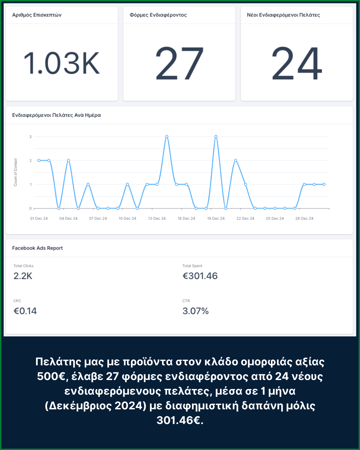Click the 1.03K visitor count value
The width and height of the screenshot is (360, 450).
pos(62,63)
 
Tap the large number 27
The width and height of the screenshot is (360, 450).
pos(179,63)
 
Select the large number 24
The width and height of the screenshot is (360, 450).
pos(297,63)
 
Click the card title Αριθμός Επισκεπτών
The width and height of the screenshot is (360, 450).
pos(37,15)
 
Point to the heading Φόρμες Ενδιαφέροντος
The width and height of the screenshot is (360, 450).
pos(158,15)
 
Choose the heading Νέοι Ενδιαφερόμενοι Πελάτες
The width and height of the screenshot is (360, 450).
pos(283,15)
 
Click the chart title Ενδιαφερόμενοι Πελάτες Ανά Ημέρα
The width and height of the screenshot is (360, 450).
pos(56,115)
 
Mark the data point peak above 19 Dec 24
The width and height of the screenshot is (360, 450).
pos(216,137)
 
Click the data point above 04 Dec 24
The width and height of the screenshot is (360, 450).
pos(68,160)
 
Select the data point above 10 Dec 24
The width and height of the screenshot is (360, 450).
pos(127,184)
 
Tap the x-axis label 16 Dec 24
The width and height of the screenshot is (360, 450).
pos(186,218)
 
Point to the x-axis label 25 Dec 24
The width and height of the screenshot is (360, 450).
pos(275,218)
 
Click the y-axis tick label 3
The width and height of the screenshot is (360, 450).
pos(30,137)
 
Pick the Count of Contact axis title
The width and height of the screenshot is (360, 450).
pos(15,172)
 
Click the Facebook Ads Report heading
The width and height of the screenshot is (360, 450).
pos(37,248)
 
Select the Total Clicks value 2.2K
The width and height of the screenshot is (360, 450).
pos(23,276)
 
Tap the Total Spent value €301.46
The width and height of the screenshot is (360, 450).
pos(200,276)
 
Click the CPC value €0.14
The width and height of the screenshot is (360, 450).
pos(25,311)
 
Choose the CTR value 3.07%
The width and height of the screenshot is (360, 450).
pos(195,311)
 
